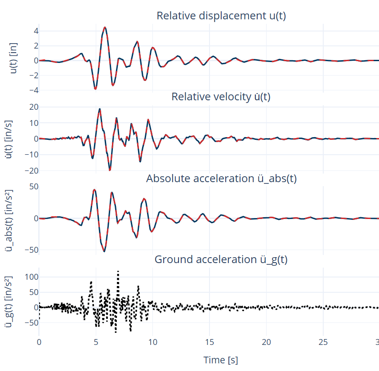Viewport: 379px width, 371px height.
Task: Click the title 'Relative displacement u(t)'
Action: [221, 16]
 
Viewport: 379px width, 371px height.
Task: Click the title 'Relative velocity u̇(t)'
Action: [221, 97]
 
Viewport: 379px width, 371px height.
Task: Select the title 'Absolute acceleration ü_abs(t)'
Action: [221, 179]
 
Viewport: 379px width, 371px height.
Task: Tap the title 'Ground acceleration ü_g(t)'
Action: [221, 259]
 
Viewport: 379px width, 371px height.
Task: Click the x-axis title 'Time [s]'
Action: [221, 360]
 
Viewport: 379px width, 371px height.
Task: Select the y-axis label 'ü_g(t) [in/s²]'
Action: [13, 301]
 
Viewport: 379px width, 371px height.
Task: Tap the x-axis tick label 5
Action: [96, 342]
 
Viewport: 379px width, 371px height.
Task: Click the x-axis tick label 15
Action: [210, 342]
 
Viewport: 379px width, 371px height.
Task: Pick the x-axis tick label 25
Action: [323, 342]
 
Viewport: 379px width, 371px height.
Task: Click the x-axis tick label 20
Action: [267, 342]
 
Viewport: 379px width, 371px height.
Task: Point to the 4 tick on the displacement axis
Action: [31, 31]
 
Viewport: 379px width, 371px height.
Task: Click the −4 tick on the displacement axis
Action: [29, 90]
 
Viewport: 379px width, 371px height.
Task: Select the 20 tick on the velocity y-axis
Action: [30, 107]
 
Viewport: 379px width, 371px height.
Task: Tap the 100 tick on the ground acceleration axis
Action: [28, 277]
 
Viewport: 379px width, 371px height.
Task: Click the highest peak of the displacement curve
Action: [105, 27]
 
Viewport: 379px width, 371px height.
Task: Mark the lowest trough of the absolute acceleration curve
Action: [104, 251]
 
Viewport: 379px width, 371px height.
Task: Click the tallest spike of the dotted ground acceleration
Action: [118, 271]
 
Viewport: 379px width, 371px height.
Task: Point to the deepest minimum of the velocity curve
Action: [110, 170]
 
